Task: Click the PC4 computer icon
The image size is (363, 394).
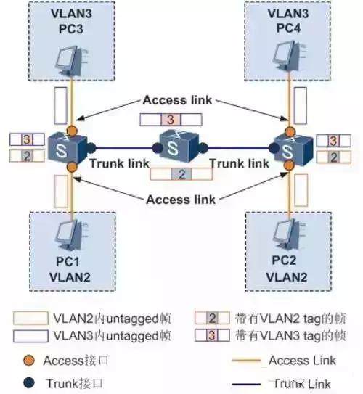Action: pyautogui.click(x=289, y=54)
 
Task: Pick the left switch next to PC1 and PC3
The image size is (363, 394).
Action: pyautogui.click(x=68, y=148)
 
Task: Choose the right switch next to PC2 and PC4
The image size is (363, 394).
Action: pyautogui.click(x=293, y=148)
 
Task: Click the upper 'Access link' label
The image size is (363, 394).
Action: pyautogui.click(x=177, y=100)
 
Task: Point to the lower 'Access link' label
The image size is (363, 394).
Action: pyautogui.click(x=181, y=200)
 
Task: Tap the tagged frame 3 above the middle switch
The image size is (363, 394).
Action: pyautogui.click(x=171, y=120)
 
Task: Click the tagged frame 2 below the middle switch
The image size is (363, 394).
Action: pyautogui.click(x=181, y=174)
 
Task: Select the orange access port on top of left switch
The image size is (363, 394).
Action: pyautogui.click(x=72, y=131)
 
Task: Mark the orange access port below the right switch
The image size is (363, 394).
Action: pyautogui.click(x=290, y=165)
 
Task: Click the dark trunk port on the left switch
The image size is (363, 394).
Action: pyautogui.click(x=91, y=148)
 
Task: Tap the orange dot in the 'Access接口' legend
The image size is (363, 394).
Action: pyautogui.click(x=29, y=361)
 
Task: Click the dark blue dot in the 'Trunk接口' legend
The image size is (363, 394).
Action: pyautogui.click(x=29, y=383)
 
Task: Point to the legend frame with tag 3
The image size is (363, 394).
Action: pyautogui.click(x=212, y=335)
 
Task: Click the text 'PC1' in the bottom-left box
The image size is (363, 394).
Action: pyautogui.click(x=68, y=261)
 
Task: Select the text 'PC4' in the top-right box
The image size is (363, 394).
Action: pyautogui.click(x=288, y=28)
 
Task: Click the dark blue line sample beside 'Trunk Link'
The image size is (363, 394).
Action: pyautogui.click(x=246, y=385)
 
